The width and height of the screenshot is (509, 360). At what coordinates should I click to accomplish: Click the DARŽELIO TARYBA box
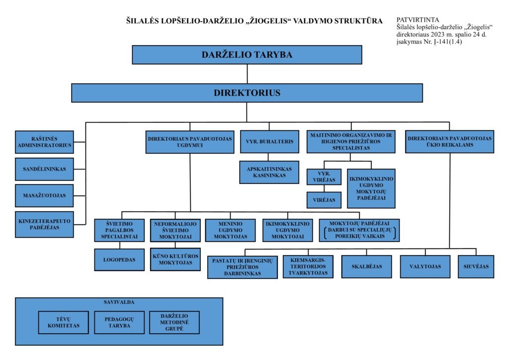coord(247,55)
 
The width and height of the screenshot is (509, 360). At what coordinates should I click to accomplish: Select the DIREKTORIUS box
coord(247,92)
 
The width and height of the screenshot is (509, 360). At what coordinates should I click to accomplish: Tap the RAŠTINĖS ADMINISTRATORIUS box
coord(44,142)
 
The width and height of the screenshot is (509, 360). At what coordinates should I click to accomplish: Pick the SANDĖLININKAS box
coord(44,169)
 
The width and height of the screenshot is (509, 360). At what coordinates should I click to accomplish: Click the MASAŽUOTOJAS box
coord(44,195)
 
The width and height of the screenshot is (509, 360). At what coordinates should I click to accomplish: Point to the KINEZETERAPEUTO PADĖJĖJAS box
coord(44,224)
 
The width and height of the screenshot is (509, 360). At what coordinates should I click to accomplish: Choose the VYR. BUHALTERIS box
coord(269,142)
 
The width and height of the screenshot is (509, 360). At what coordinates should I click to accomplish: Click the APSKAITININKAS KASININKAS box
coord(269,172)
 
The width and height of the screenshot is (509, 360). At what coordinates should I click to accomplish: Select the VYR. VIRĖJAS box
coord(324,178)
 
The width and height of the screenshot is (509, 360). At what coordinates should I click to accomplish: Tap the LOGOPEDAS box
coord(119,260)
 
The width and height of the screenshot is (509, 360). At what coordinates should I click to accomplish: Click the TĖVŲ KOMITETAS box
coord(63,323)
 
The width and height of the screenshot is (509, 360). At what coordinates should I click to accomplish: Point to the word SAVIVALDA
coord(119,302)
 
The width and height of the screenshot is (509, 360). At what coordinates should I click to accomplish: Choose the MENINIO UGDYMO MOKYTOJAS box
coord(231,230)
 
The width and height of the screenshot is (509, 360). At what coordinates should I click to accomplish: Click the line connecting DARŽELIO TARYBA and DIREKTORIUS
coord(247,74)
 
